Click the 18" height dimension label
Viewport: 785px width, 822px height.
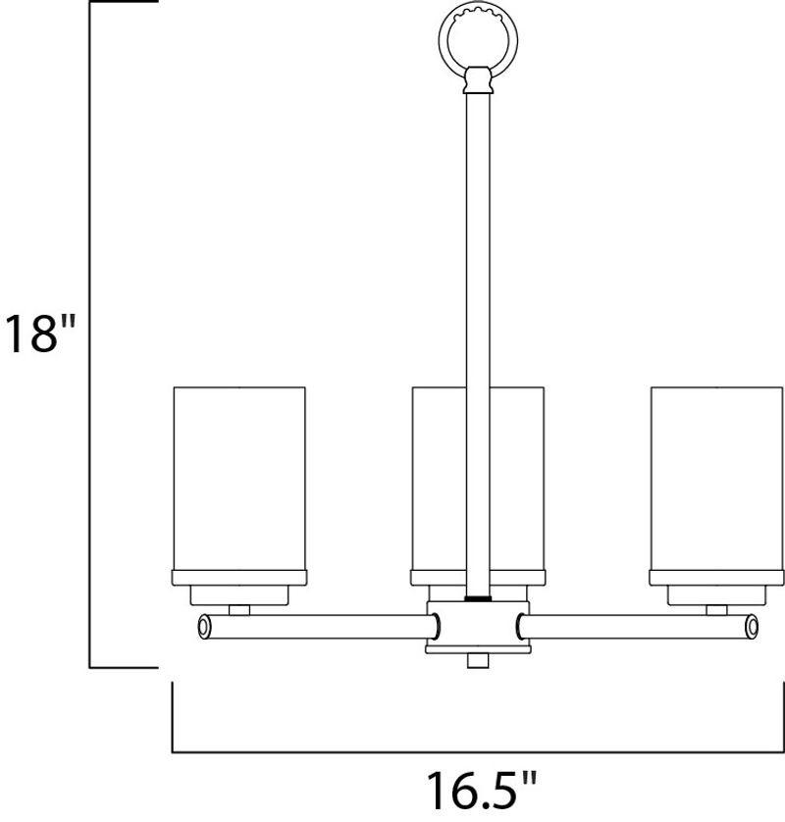click(40, 333)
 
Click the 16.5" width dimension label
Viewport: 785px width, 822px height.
click(481, 790)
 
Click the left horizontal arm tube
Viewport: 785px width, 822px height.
click(319, 627)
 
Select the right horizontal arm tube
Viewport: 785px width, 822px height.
click(637, 627)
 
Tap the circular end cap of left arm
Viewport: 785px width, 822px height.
click(203, 627)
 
